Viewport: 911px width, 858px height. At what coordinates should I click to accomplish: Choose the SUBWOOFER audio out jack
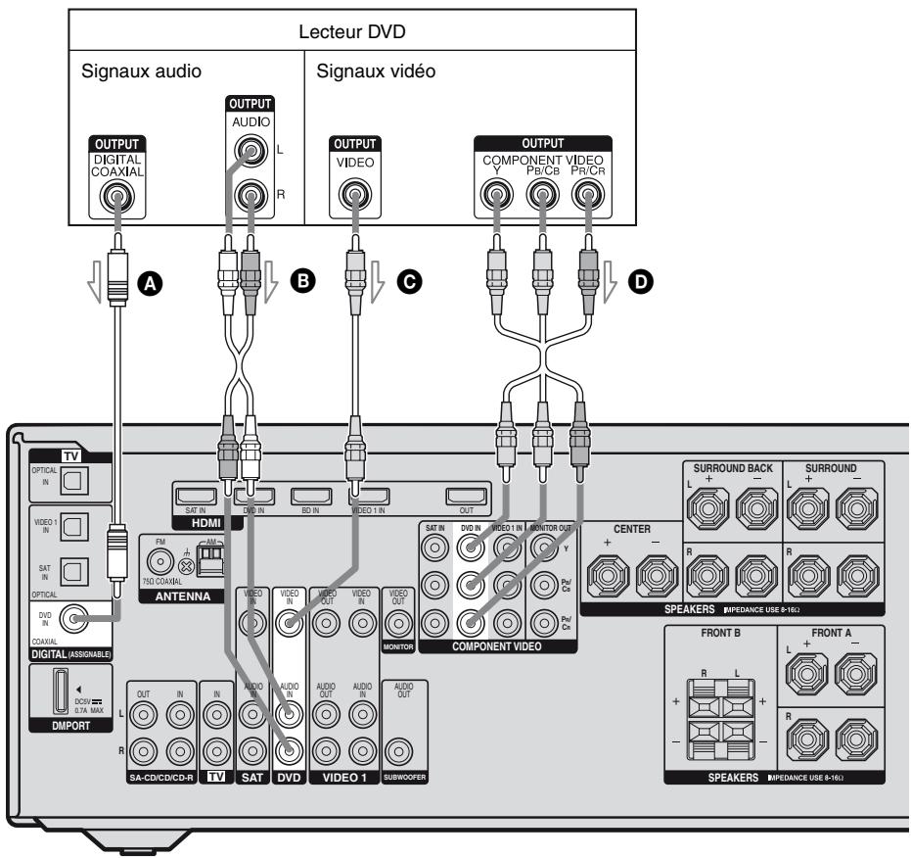(x=398, y=753)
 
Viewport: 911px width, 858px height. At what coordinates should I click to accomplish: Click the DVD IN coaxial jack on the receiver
(x=71, y=617)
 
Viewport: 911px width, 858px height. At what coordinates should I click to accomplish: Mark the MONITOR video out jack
(x=398, y=622)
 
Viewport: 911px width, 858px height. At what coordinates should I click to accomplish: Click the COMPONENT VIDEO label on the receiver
(x=495, y=646)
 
